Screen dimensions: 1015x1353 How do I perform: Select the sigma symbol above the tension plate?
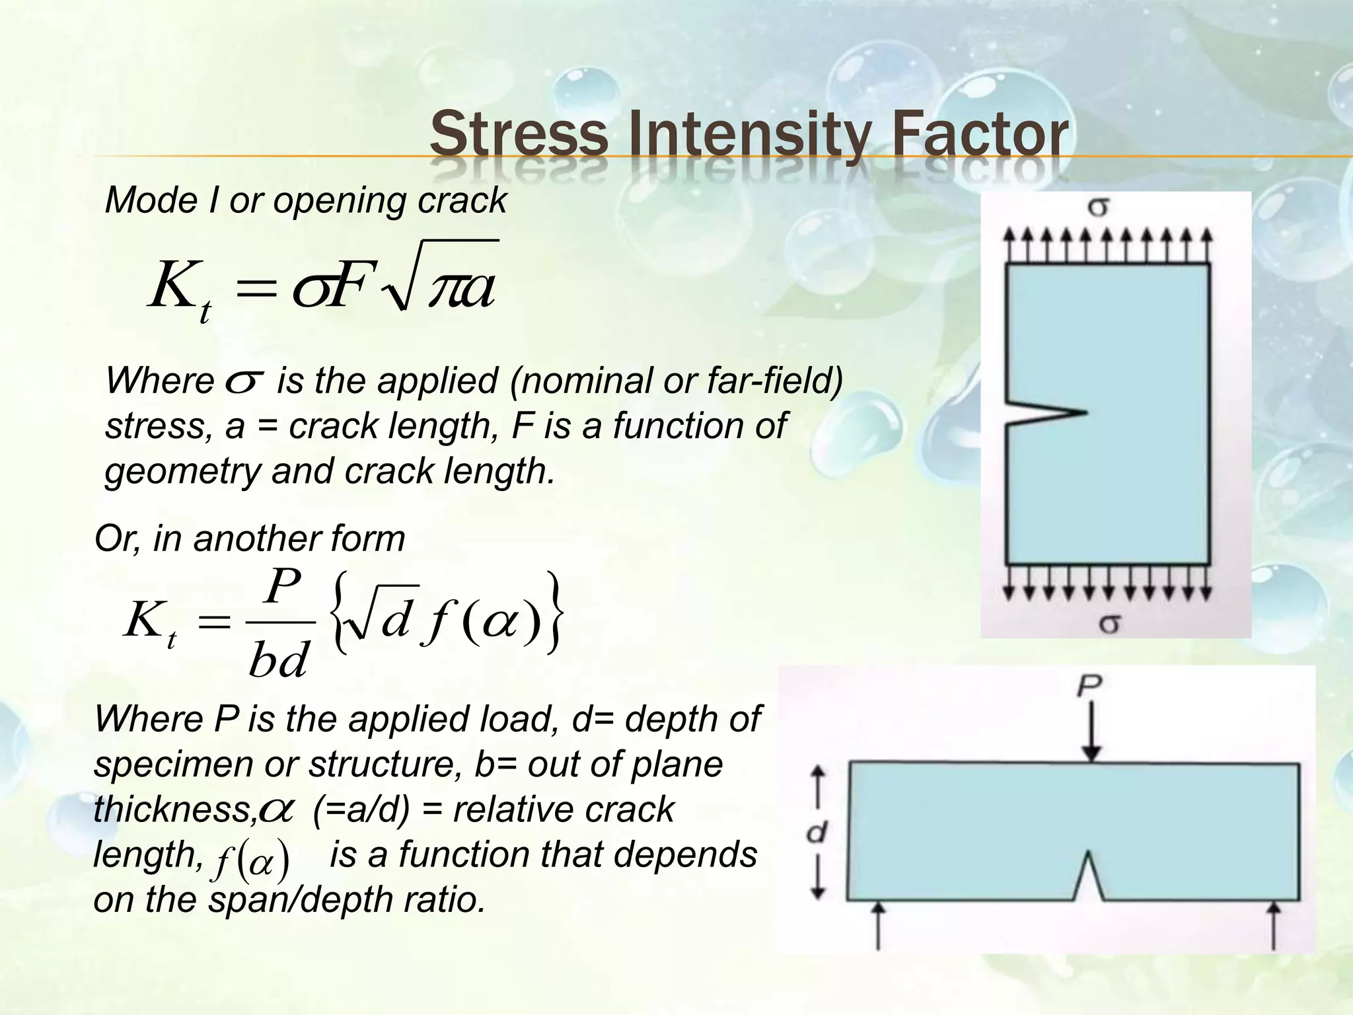click(1098, 208)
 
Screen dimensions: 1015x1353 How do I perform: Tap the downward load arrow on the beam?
click(1093, 730)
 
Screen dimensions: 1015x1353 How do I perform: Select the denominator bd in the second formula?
click(278, 660)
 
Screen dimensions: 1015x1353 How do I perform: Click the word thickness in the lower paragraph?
click(173, 810)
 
